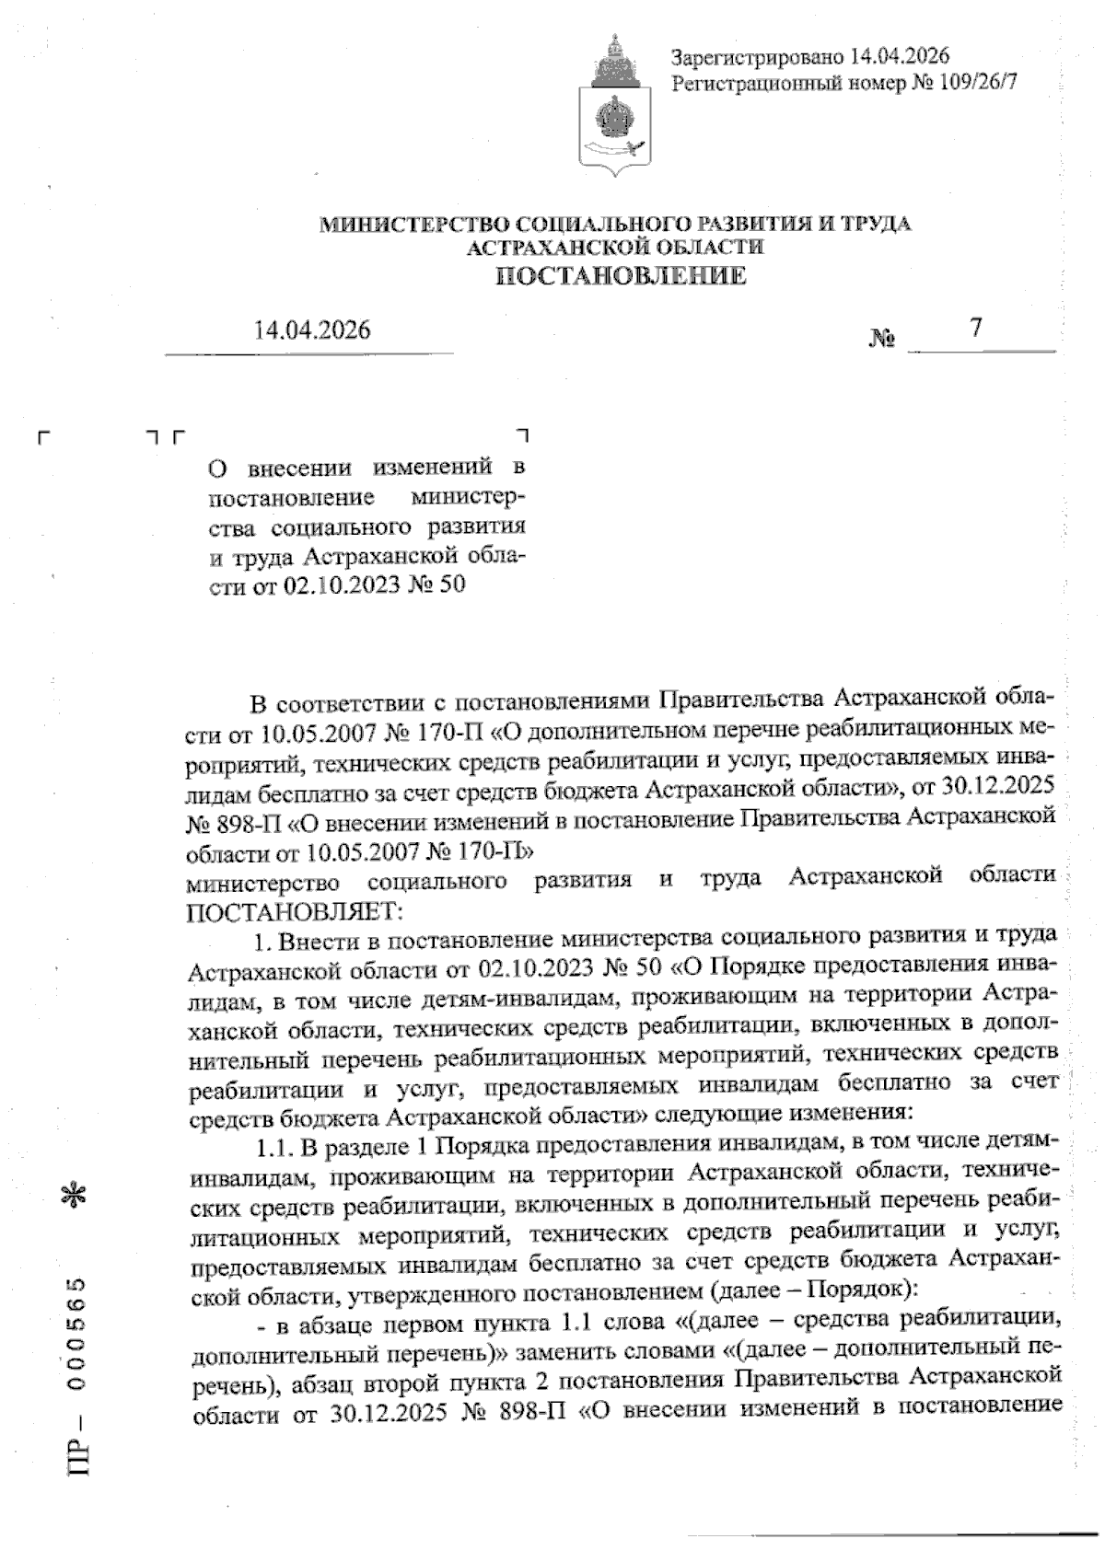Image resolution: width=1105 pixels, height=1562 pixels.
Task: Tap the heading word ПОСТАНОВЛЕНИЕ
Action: point(622,276)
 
